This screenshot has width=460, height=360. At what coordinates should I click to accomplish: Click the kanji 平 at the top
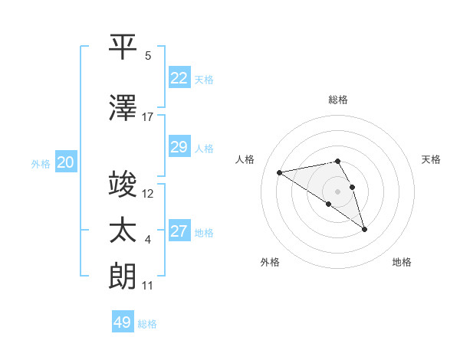pyautogui.click(x=123, y=47)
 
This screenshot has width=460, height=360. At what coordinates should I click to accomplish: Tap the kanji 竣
pyautogui.click(x=123, y=185)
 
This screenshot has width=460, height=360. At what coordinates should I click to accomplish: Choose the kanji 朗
pyautogui.click(x=123, y=277)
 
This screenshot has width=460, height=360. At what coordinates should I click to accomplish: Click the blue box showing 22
pyautogui.click(x=179, y=77)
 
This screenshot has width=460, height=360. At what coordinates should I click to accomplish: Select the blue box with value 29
pyautogui.click(x=179, y=147)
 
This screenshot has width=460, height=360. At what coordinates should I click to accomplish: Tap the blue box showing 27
pyautogui.click(x=179, y=231)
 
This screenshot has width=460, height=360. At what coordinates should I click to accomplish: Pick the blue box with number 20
pyautogui.click(x=65, y=162)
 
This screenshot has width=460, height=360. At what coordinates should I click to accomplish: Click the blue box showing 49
pyautogui.click(x=122, y=322)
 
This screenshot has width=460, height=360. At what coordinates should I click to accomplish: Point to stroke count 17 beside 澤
pyautogui.click(x=148, y=117)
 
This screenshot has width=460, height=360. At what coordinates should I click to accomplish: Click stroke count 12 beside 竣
pyautogui.click(x=148, y=194)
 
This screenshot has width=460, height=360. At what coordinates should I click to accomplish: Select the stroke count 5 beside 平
pyautogui.click(x=148, y=56)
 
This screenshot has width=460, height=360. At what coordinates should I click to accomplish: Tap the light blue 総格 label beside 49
pyautogui.click(x=147, y=324)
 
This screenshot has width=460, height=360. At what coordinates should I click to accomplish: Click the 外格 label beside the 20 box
pyautogui.click(x=40, y=163)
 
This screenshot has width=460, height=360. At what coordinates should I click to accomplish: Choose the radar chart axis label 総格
pyautogui.click(x=337, y=100)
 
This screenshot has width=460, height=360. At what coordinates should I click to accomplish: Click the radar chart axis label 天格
pyautogui.click(x=432, y=159)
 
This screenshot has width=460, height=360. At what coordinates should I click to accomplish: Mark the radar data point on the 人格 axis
pyautogui.click(x=279, y=172)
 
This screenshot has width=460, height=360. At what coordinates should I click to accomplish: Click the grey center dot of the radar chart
pyautogui.click(x=337, y=191)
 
